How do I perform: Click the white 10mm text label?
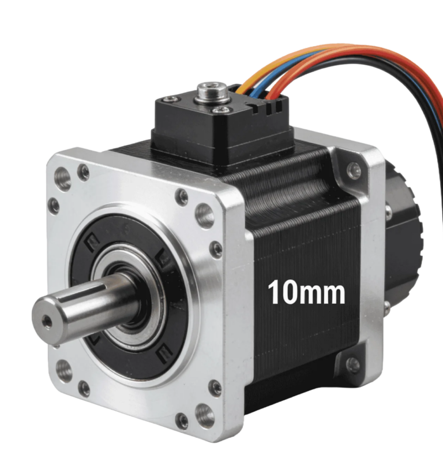coord(306,293)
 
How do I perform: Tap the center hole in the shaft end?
coord(47,322)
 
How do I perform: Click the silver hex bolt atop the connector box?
coord(212,92)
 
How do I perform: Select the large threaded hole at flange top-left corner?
coord(62,178)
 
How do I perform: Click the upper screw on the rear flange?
coord(354,170)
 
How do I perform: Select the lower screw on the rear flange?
coord(353,364)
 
